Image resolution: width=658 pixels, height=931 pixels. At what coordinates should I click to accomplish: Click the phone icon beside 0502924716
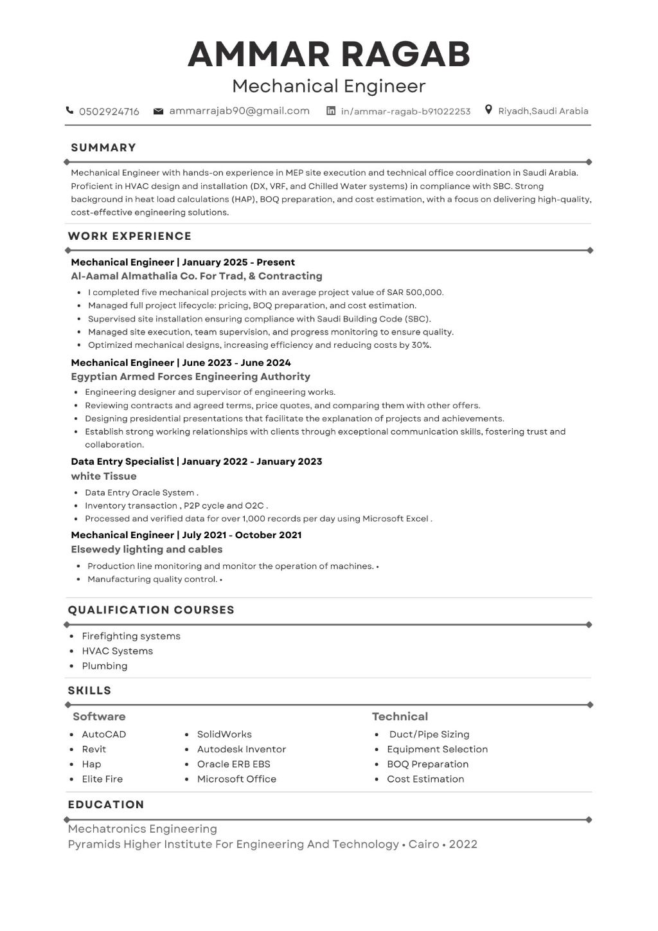point(69,111)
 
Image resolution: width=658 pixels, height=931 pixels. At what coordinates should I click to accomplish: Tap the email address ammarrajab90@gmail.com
point(239,111)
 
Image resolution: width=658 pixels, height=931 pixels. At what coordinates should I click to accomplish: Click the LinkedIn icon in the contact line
point(331,111)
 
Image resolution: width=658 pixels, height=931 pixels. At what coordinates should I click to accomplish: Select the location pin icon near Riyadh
point(488,110)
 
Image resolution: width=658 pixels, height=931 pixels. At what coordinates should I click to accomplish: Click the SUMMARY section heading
point(103,147)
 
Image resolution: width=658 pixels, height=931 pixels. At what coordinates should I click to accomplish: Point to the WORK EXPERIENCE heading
point(130,236)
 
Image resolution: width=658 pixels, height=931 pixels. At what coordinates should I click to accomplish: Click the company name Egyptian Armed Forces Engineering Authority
point(190,377)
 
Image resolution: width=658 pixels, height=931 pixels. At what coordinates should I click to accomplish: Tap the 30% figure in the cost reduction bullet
point(421,345)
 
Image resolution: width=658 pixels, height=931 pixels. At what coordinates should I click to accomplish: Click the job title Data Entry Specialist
point(122,462)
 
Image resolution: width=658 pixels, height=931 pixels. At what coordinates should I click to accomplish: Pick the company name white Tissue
point(103,476)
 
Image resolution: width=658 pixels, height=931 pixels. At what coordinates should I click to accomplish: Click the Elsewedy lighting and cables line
point(147,550)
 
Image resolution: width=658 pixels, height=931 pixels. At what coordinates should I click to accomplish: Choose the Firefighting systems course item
point(131,637)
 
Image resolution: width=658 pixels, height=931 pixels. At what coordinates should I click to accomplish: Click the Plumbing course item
point(105,666)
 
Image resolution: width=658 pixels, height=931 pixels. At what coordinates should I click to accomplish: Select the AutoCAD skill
point(104,734)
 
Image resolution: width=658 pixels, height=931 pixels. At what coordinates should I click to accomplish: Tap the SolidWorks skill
point(224,734)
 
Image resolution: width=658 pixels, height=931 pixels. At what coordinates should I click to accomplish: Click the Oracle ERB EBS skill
point(233,764)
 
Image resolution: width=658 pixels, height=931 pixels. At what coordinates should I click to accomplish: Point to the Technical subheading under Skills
point(400,716)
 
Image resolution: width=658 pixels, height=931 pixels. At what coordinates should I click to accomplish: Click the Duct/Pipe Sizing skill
point(429,734)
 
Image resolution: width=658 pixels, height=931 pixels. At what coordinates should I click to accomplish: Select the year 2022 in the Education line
point(463,844)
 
